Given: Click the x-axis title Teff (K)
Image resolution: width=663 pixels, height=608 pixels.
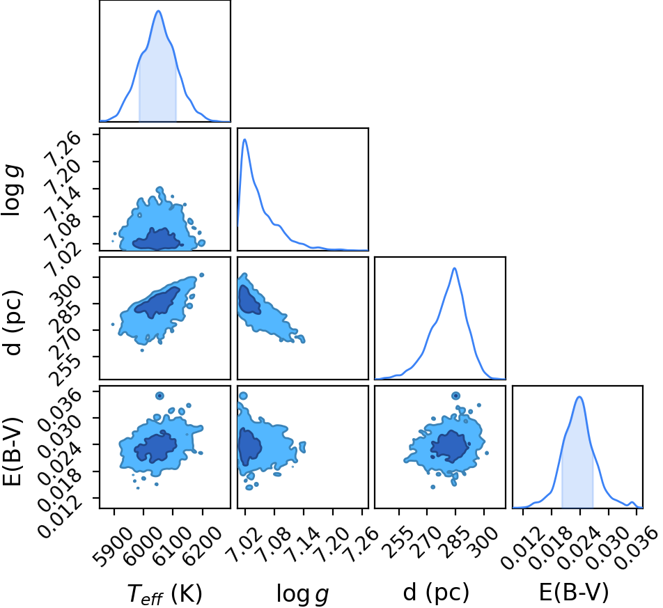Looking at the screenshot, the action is (x=165, y=593).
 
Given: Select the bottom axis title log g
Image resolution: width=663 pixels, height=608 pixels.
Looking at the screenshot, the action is (x=302, y=593).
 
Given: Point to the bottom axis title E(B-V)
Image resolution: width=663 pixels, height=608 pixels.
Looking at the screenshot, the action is (x=574, y=592).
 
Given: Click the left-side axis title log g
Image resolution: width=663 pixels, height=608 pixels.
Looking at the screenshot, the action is (x=12, y=190).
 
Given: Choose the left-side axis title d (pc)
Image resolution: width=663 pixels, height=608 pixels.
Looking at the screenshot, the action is (x=13, y=323).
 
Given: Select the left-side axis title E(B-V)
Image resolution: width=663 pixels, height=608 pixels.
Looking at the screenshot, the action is (x=12, y=452).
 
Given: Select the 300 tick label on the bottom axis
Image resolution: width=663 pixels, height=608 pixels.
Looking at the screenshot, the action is (x=481, y=541).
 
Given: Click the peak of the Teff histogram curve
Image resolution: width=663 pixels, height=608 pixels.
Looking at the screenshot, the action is (x=159, y=10).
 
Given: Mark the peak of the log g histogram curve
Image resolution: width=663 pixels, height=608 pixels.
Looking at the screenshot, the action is (x=245, y=139).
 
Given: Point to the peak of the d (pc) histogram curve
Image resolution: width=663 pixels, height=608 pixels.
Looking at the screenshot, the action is (x=455, y=268).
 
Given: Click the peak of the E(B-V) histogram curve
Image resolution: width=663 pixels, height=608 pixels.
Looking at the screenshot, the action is (x=579, y=396).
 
